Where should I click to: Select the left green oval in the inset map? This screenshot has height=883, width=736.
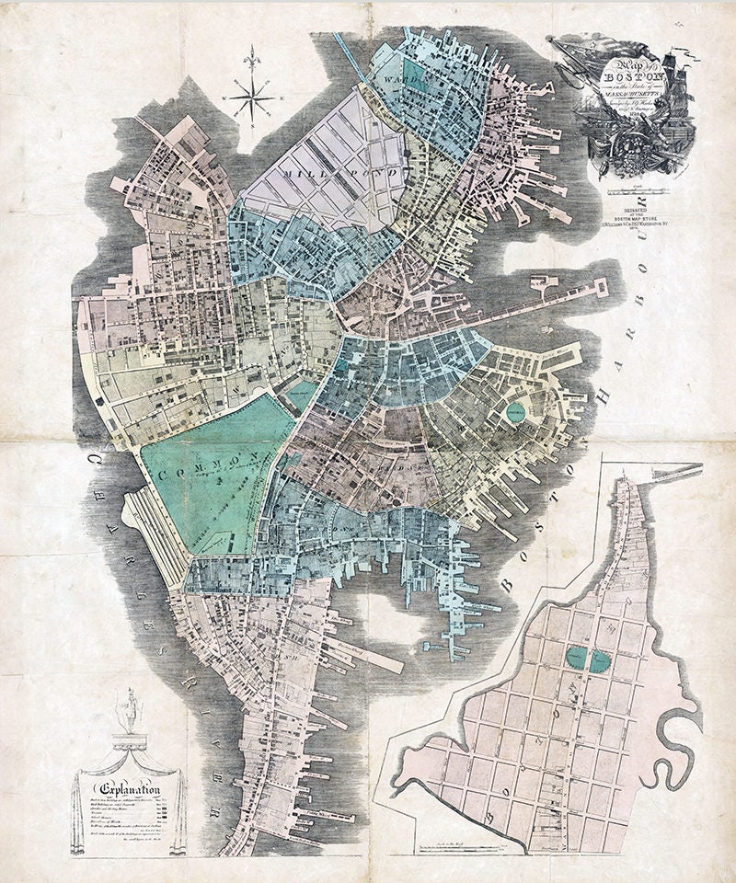click(x=576, y=657)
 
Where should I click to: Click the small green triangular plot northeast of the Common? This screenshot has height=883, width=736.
click(x=301, y=396)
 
